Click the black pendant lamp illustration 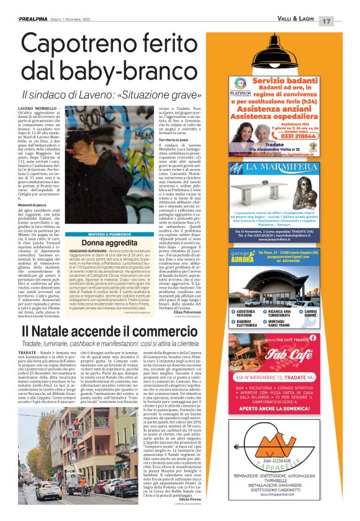tap(281, 51)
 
